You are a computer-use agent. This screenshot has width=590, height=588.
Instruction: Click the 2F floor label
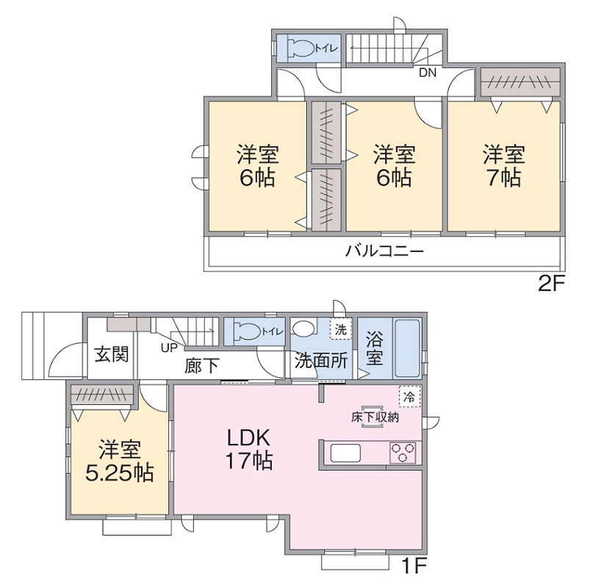point(551,284)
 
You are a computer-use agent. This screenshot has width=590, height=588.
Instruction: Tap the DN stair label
point(428,73)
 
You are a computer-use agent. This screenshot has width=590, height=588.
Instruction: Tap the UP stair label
point(169,348)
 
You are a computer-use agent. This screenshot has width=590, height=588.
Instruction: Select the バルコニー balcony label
point(384,251)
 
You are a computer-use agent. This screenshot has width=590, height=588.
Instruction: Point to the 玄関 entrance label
point(112,354)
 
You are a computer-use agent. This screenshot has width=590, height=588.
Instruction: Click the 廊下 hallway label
point(202,365)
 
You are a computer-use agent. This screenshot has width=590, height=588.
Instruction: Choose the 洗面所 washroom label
point(321,361)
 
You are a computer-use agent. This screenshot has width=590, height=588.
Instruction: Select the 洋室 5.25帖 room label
point(120,461)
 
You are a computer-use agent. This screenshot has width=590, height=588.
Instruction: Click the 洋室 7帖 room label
point(504,165)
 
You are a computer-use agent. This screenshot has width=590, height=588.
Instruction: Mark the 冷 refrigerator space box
point(409,396)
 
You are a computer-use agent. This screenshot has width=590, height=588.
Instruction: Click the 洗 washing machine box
point(340,330)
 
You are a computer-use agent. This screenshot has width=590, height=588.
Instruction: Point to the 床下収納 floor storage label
point(375,417)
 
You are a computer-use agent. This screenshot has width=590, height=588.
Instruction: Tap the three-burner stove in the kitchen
point(403,452)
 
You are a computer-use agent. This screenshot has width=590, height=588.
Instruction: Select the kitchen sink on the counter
point(345,453)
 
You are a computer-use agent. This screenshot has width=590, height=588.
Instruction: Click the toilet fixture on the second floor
point(301,49)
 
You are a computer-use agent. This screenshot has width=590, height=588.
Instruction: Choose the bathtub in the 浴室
point(407,349)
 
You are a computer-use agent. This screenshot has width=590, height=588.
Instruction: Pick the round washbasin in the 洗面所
point(303,328)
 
